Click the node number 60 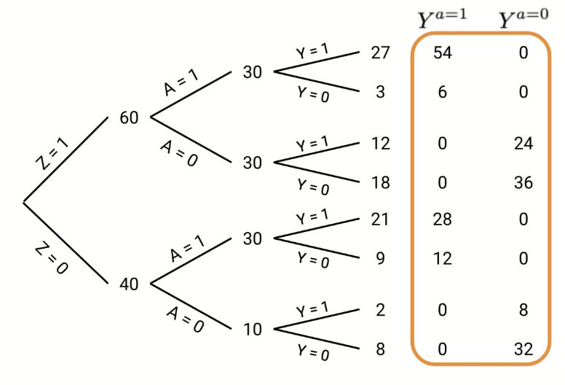point(129,117)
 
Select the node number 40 point(129,284)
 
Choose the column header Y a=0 point(523,18)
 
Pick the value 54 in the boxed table point(442,53)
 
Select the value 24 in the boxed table point(523,144)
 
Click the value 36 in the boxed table point(523,182)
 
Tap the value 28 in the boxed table point(442,219)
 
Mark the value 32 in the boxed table point(523,349)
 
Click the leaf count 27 point(380,53)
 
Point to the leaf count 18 point(380,182)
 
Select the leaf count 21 point(380,219)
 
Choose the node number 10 point(253,329)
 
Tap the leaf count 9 point(380,257)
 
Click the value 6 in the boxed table point(442,92)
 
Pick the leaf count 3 point(380,92)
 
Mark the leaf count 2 point(380,310)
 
